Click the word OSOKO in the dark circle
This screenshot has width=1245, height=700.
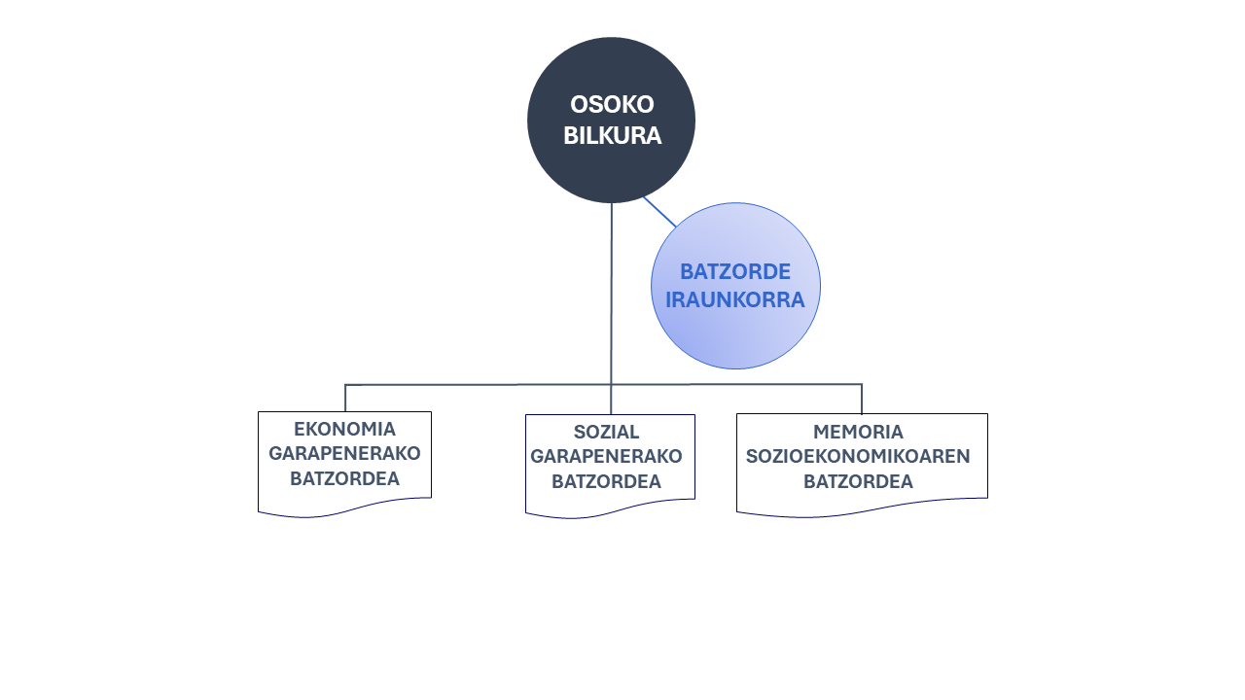(612, 104)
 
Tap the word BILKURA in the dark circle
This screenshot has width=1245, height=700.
(612, 135)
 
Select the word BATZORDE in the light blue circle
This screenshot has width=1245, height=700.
(735, 271)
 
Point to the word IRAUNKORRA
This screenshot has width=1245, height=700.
(735, 300)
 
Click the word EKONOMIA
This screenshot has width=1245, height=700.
(344, 429)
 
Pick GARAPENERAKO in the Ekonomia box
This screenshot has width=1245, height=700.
(344, 453)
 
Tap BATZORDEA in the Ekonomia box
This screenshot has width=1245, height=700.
(344, 478)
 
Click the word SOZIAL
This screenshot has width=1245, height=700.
(606, 432)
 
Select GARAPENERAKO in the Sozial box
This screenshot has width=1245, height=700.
(606, 456)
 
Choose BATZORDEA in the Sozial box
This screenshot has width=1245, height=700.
(606, 481)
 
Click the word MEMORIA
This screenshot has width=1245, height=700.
(858, 432)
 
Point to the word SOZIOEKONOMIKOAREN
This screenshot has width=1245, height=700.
(858, 456)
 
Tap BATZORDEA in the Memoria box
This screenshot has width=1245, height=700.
(858, 481)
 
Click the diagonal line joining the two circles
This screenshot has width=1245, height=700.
(659, 212)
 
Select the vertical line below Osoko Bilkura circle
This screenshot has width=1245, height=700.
(612, 308)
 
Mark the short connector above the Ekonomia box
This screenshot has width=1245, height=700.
(345, 398)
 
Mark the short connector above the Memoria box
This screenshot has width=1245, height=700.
(862, 399)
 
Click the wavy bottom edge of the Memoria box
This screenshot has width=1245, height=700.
(862, 508)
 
